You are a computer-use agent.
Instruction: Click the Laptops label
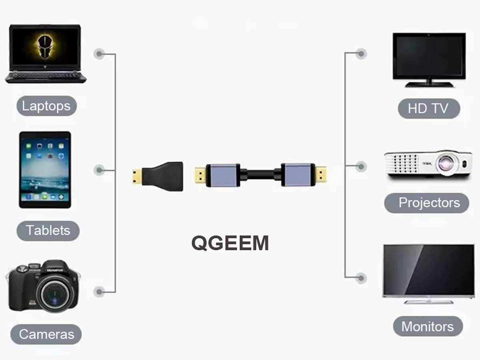click(x=46, y=106)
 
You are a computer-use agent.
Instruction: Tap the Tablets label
click(x=48, y=230)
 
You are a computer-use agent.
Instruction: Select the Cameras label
click(x=46, y=334)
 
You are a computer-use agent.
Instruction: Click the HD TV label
click(x=428, y=108)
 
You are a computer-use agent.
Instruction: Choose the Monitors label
click(x=428, y=326)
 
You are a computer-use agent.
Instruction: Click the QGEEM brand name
click(x=230, y=243)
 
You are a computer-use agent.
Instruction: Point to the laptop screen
click(x=45, y=46)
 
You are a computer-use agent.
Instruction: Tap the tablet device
click(x=45, y=170)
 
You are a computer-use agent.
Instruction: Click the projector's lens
click(x=447, y=162)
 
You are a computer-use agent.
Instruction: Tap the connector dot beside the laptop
click(x=99, y=53)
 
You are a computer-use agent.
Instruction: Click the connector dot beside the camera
click(x=99, y=291)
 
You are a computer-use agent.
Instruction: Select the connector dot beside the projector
click(x=361, y=166)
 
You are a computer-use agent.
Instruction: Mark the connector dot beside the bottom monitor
click(x=361, y=278)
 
